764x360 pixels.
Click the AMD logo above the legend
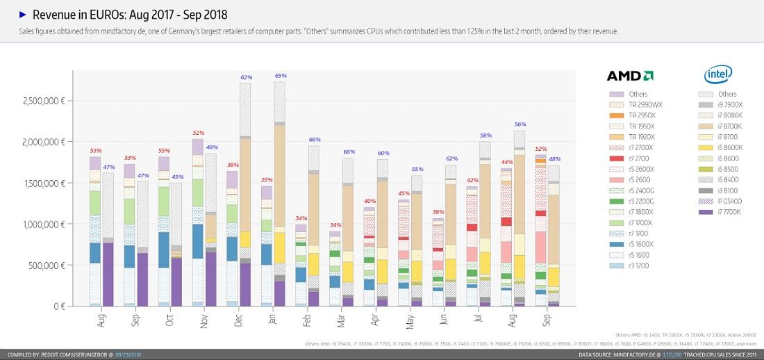629,76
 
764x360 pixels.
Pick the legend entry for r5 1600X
628,244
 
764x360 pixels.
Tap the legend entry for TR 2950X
629,115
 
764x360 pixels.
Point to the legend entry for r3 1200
628,265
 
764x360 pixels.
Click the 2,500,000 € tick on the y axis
42,101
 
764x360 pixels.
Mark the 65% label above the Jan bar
281,75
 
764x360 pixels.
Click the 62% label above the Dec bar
246,77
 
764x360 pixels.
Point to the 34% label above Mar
335,225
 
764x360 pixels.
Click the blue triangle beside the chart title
23,14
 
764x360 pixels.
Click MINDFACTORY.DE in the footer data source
632,354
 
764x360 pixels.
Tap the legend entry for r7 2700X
628,148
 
